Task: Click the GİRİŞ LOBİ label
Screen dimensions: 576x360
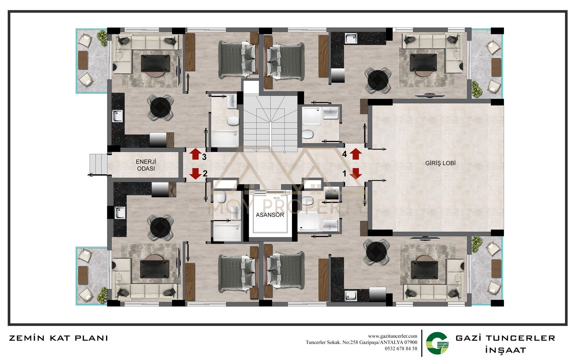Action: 440,163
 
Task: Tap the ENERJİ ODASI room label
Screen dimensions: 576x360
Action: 146,165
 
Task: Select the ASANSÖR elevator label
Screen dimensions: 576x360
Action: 270,215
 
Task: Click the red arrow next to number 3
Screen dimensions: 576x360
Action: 195,154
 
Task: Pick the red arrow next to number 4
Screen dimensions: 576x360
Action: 356,154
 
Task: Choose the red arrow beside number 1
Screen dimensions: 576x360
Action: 356,173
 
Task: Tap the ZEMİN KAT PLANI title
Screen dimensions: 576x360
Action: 58,338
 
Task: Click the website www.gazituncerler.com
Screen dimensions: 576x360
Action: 392,336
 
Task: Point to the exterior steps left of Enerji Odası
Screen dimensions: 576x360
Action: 98,164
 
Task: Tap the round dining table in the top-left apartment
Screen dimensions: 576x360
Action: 161,107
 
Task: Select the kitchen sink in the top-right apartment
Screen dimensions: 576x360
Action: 351,38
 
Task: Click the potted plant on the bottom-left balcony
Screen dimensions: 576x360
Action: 102,295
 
